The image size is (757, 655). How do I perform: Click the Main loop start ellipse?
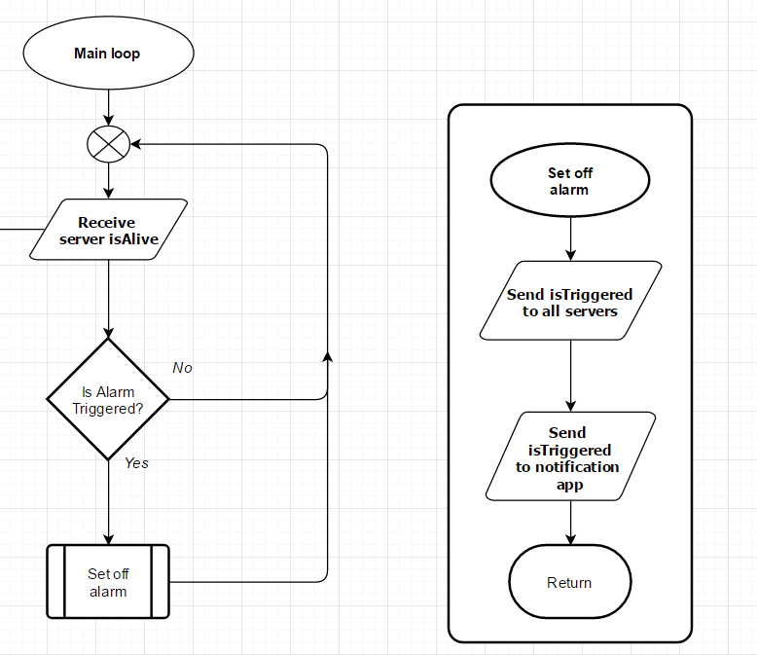pyautogui.click(x=107, y=54)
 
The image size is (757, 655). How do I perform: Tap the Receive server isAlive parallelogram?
pyautogui.click(x=107, y=231)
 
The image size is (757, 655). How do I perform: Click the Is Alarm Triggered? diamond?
pyautogui.click(x=108, y=400)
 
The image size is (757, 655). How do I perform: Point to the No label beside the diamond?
pyautogui.click(x=182, y=368)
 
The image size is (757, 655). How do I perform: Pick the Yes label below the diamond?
pyautogui.click(x=136, y=463)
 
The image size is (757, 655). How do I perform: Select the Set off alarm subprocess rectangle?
pyautogui.click(x=108, y=582)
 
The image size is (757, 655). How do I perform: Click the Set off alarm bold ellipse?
pyautogui.click(x=569, y=182)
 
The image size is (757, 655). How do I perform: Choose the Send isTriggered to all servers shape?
pyautogui.click(x=569, y=302)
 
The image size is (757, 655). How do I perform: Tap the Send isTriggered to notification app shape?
pyautogui.click(x=569, y=457)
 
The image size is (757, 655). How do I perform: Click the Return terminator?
pyautogui.click(x=569, y=582)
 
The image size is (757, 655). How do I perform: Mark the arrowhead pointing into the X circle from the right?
pyautogui.click(x=136, y=145)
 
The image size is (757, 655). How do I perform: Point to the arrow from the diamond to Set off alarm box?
pyautogui.click(x=108, y=501)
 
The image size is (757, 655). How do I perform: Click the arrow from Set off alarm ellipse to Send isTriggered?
pyautogui.click(x=569, y=238)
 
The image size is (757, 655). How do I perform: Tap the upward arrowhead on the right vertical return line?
pyautogui.click(x=327, y=357)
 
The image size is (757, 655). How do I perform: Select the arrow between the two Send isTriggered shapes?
pyautogui.click(x=569, y=375)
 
